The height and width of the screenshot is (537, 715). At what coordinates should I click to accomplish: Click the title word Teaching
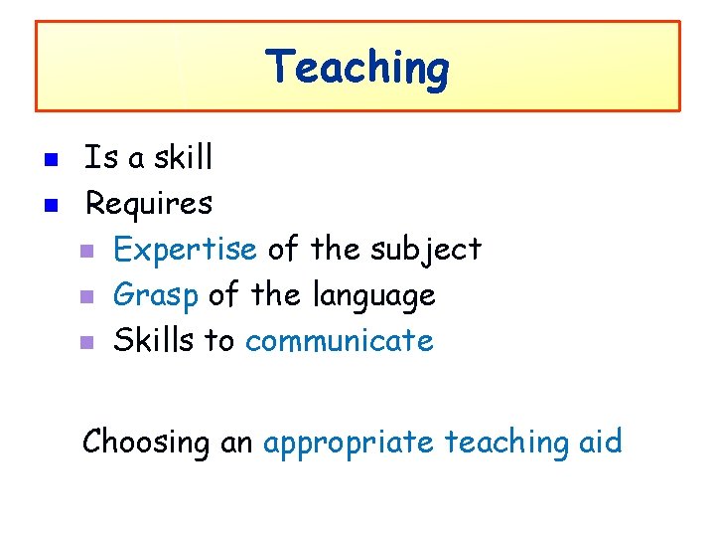[x=357, y=69]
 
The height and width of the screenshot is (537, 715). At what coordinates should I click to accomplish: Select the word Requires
[x=148, y=205]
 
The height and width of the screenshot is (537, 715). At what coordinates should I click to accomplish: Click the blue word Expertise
[x=185, y=250]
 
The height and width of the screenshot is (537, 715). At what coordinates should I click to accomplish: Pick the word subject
[x=426, y=250]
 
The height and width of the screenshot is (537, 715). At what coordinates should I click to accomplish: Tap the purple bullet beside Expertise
[x=86, y=252]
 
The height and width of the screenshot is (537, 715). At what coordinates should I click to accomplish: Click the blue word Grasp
[x=156, y=295]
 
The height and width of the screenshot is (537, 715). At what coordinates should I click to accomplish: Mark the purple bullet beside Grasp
[x=86, y=297]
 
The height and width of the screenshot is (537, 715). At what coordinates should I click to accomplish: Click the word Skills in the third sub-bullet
[x=154, y=340]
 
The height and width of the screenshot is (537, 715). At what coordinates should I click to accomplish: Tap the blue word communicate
[x=339, y=341]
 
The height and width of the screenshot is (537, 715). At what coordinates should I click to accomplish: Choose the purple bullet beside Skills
[x=86, y=343]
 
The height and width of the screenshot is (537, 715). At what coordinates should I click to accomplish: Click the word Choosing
[x=146, y=442]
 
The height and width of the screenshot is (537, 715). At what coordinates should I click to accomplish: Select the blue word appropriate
[x=348, y=442]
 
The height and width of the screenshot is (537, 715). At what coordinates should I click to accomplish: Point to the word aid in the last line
[x=600, y=441]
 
